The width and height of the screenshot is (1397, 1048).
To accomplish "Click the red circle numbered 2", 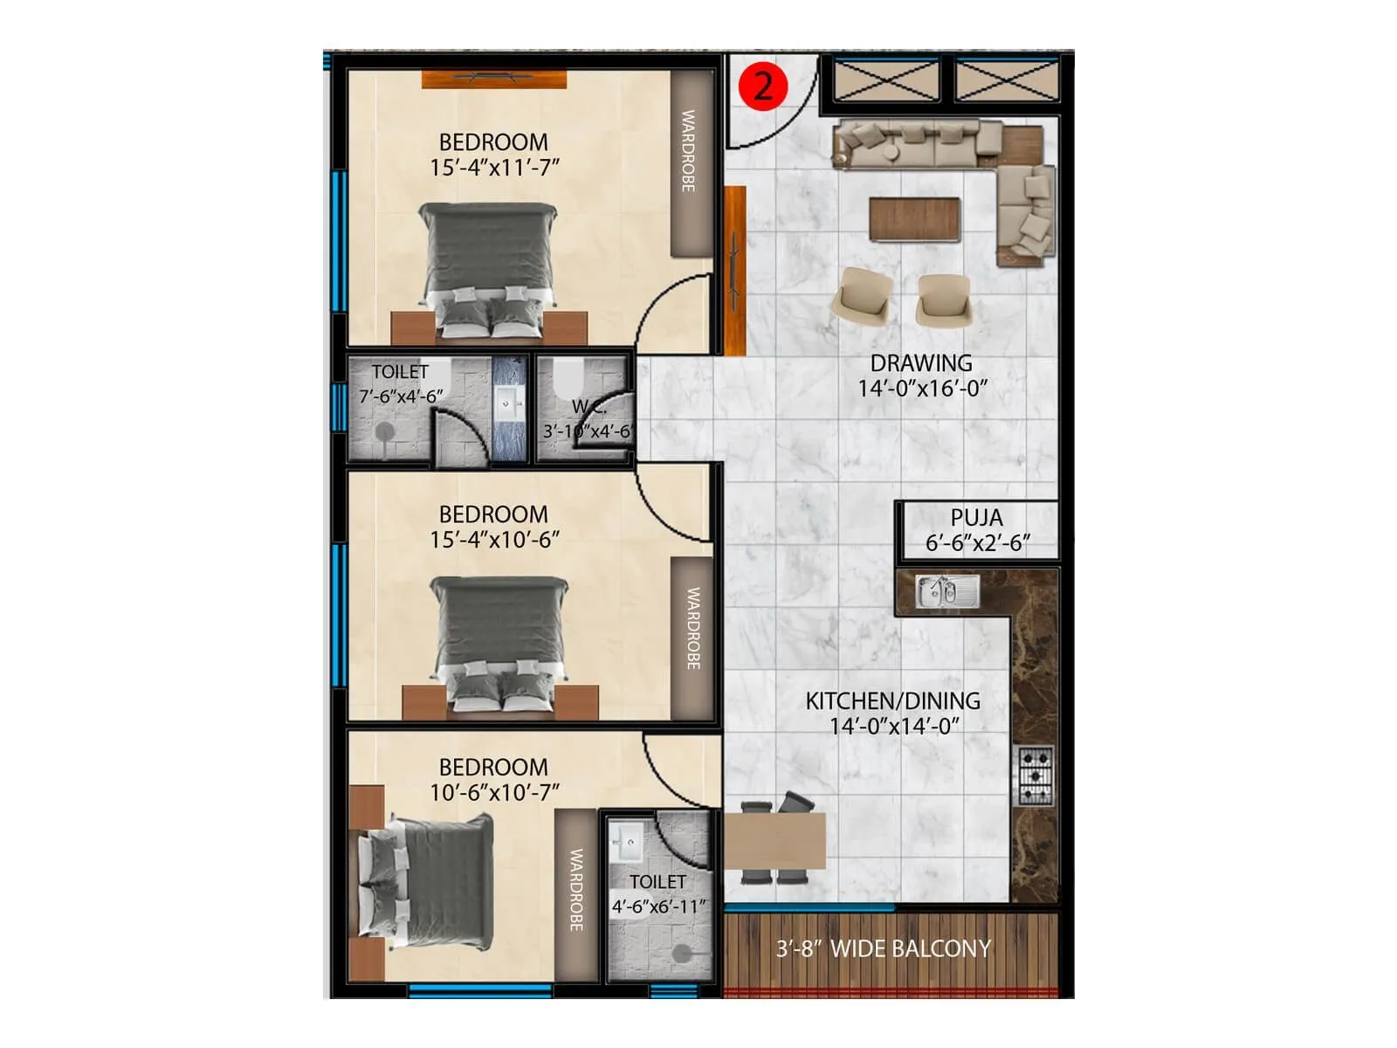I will [x=762, y=86].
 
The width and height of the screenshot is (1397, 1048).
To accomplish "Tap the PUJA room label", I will [x=976, y=518].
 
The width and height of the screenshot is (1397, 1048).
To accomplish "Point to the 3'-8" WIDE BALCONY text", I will [x=883, y=948].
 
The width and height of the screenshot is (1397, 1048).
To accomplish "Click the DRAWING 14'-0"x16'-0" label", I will [x=921, y=376].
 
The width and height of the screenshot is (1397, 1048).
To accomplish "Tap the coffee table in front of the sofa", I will [x=914, y=218].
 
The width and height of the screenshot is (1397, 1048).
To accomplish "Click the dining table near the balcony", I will [x=774, y=841].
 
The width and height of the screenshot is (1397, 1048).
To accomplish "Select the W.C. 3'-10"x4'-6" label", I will [x=587, y=419].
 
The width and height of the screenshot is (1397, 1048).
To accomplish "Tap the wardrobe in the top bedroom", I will [x=690, y=162].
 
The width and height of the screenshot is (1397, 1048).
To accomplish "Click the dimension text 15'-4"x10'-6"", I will [x=494, y=540].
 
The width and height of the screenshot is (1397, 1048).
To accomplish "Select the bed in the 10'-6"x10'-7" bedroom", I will [x=428, y=882].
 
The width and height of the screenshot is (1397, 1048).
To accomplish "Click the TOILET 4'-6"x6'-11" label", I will [x=657, y=894].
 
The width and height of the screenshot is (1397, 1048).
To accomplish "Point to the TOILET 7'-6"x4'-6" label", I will [x=401, y=384].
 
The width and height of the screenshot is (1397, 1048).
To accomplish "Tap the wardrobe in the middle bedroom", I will [x=692, y=638].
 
